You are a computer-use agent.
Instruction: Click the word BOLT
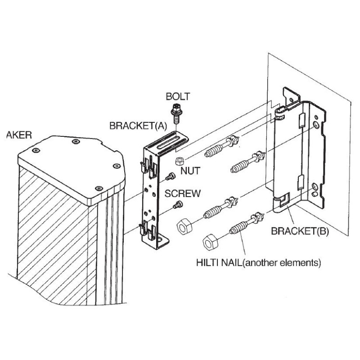pyautogui.click(x=178, y=96)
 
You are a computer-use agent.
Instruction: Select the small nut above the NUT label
pyautogui.click(x=179, y=161)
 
